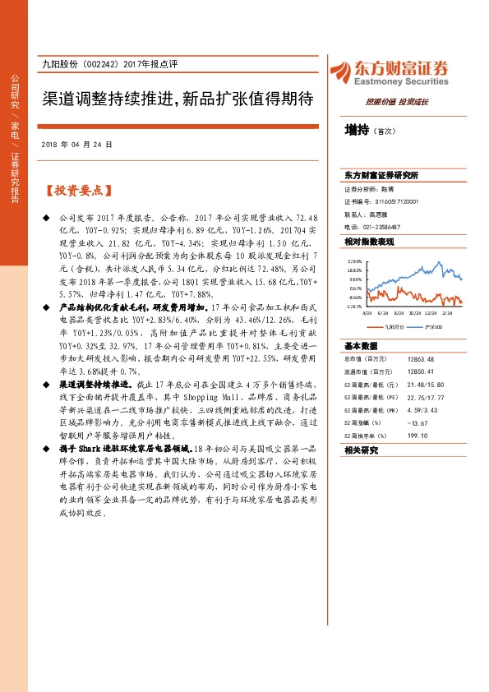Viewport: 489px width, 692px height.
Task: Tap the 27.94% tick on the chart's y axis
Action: click(355, 258)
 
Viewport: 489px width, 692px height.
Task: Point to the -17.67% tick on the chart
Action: click(354, 307)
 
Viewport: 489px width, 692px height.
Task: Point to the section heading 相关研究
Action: click(361, 450)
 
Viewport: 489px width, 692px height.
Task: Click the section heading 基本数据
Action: click(361, 345)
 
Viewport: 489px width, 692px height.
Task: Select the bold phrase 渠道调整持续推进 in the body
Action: click(96, 384)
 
